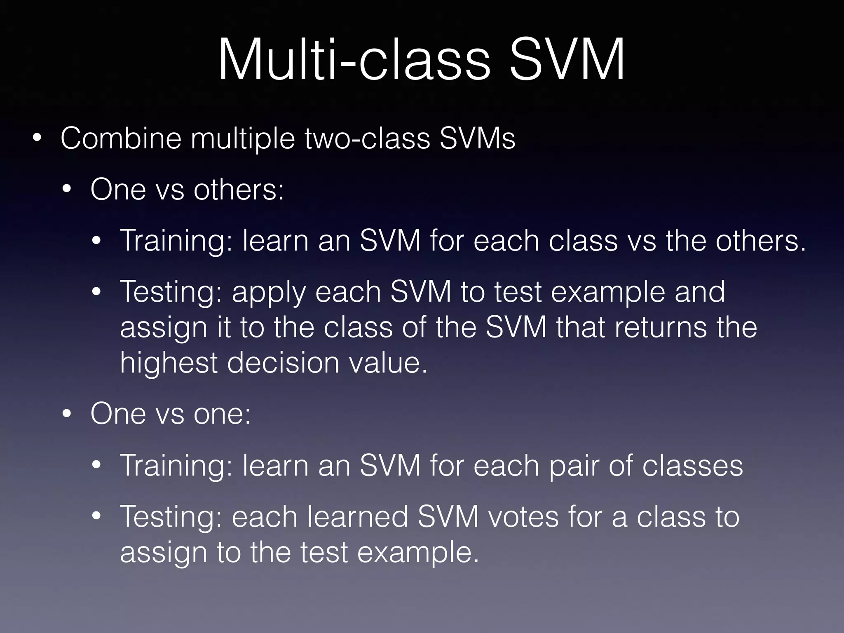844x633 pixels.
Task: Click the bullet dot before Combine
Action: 37,139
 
